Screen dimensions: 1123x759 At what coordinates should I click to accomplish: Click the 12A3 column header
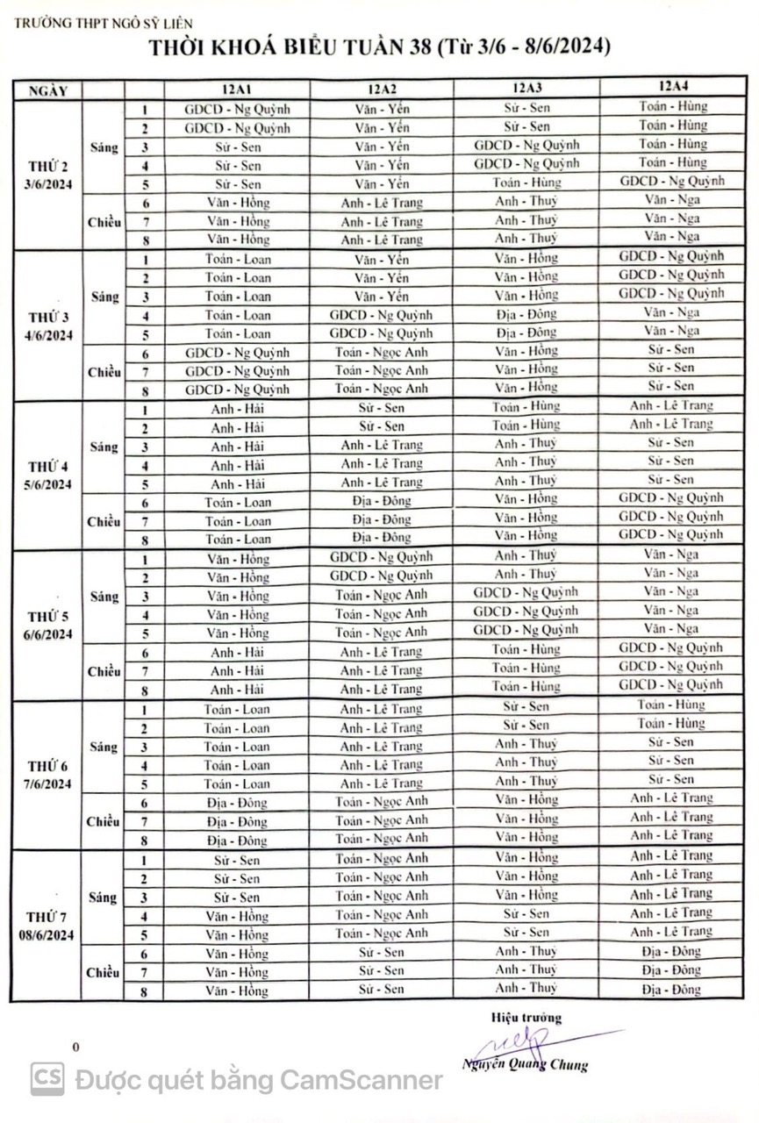pos(527,88)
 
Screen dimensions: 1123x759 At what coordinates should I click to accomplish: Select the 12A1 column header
pos(237,89)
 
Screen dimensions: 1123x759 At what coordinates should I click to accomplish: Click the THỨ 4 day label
pos(47,466)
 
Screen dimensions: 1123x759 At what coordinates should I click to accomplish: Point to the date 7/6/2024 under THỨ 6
pos(47,784)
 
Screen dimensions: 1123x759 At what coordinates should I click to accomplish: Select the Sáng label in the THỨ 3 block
pos(104,297)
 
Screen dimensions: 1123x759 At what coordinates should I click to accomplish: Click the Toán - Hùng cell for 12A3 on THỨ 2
pos(526,183)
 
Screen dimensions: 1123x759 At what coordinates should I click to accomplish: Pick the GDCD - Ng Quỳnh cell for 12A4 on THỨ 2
pos(672,182)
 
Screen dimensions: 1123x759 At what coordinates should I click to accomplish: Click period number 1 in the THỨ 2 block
pos(144,110)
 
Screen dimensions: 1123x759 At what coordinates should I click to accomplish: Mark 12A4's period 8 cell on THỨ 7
pos(671,990)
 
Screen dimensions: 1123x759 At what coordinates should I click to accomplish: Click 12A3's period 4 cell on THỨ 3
pos(526,314)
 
